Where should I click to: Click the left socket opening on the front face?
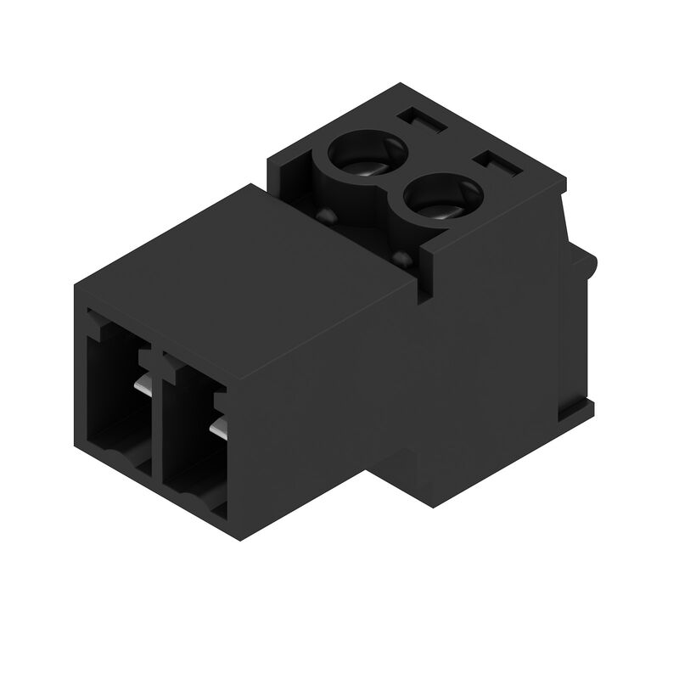(x=117, y=395)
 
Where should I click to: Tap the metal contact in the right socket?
(x=219, y=428)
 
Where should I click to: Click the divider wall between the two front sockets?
(x=155, y=416)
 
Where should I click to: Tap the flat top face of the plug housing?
(x=246, y=263)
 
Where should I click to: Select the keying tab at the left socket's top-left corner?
(x=96, y=320)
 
